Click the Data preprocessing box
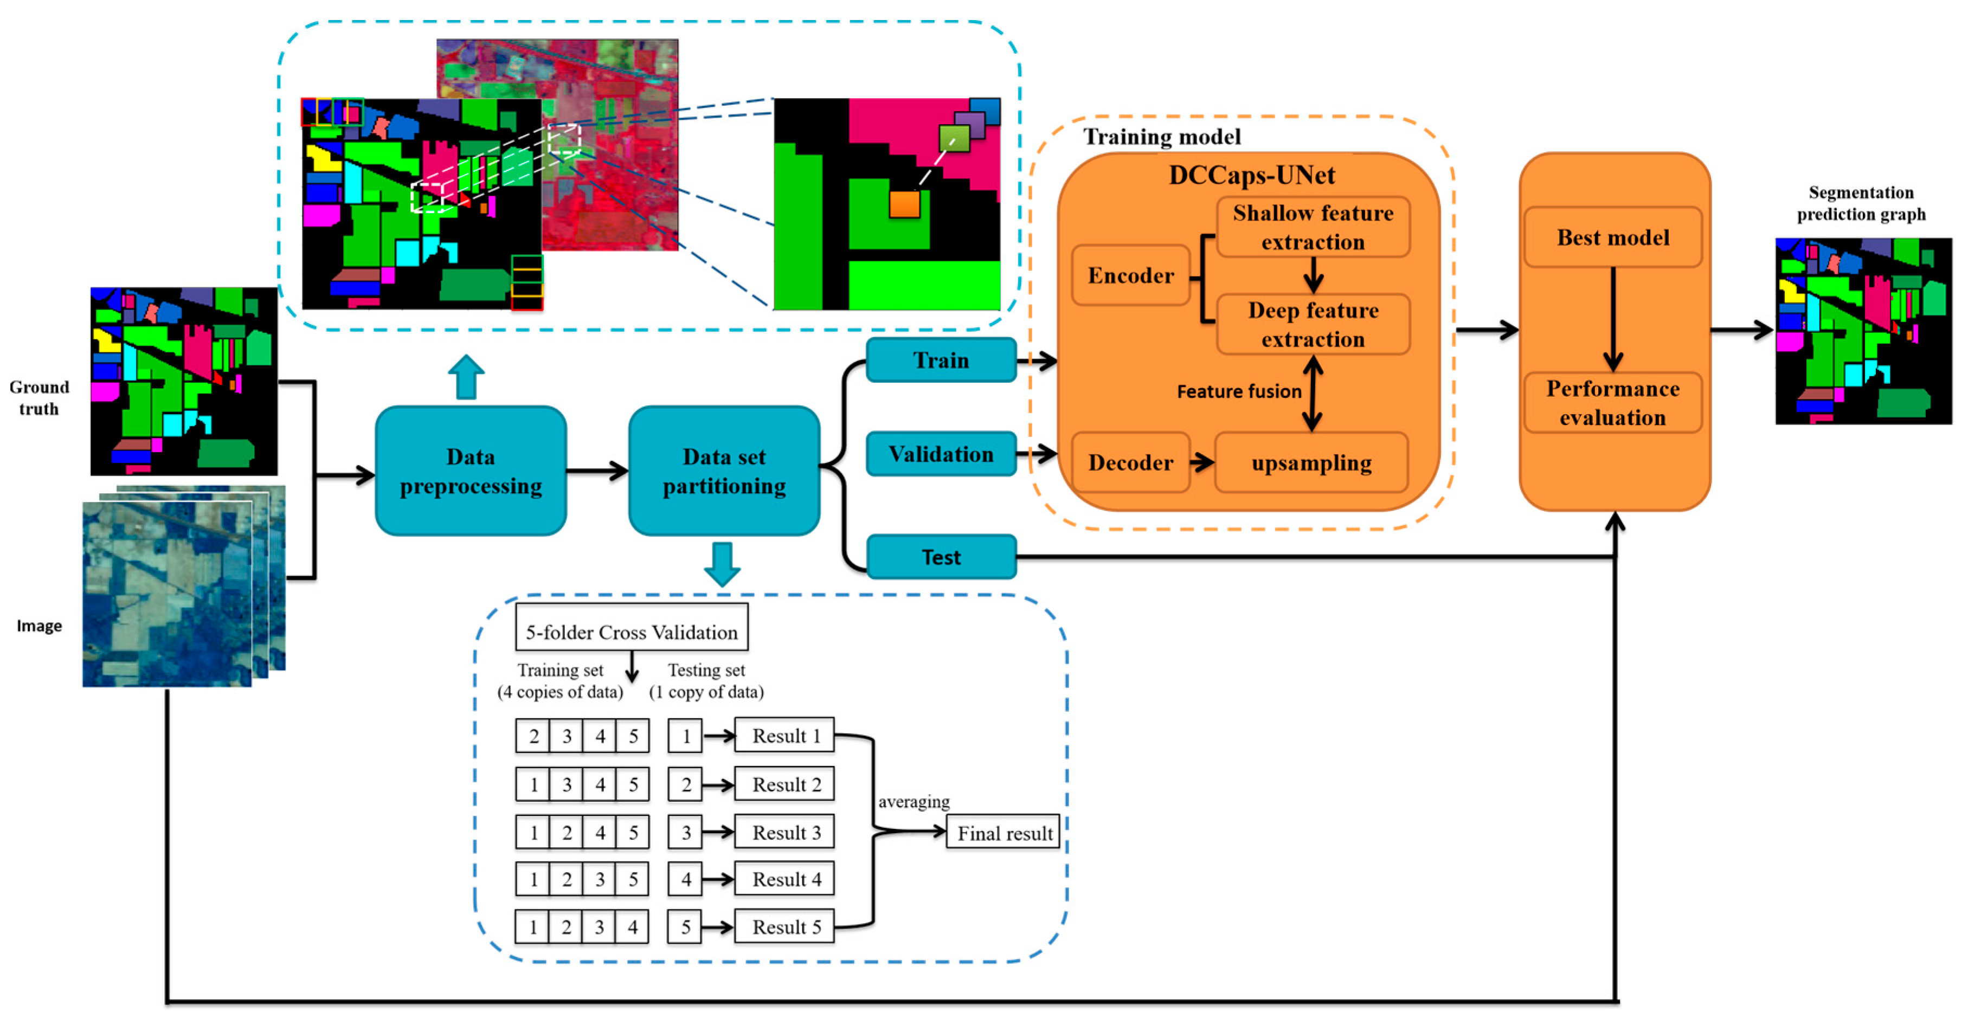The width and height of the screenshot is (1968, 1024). pos(471,471)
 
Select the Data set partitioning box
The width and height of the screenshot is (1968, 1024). pos(723,471)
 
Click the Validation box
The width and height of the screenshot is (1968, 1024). pos(941,454)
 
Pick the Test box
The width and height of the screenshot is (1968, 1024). pos(941,557)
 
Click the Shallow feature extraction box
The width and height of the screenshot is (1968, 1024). pos(1313,227)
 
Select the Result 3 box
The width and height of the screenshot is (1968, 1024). pos(784,832)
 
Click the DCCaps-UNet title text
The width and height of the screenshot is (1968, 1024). pos(1251,175)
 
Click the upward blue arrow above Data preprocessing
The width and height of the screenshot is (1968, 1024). pos(466,376)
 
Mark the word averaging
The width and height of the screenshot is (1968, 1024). pos(914,801)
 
